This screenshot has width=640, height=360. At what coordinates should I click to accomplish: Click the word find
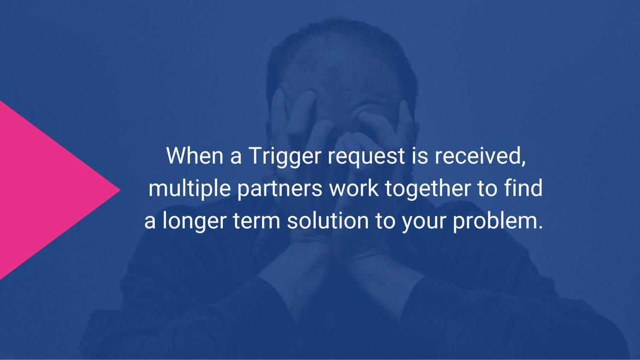pos(523,189)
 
